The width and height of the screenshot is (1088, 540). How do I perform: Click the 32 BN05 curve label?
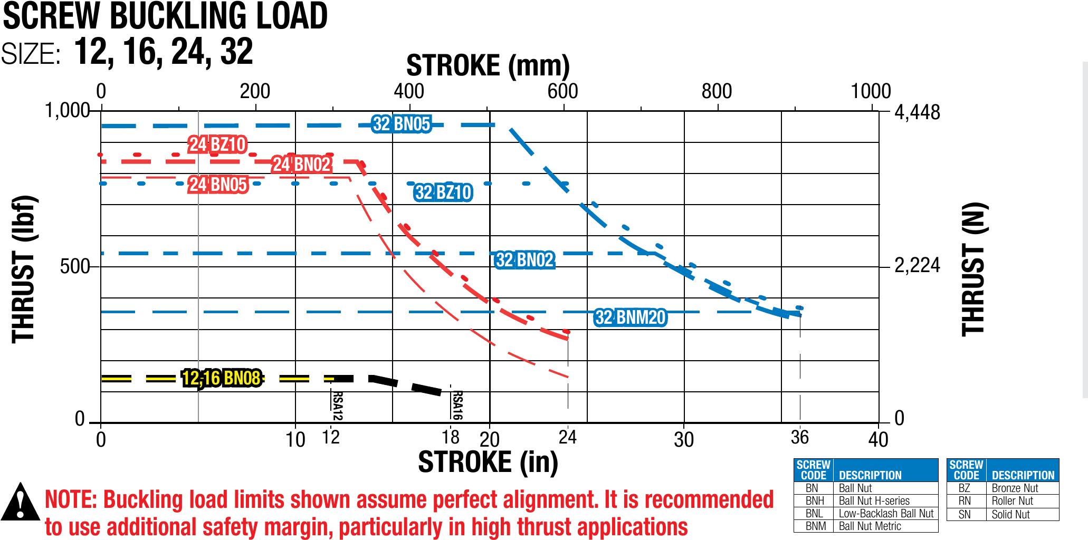tap(402, 124)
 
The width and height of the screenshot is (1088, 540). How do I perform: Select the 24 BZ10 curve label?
tap(217, 144)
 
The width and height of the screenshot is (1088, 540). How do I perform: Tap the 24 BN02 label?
tap(301, 165)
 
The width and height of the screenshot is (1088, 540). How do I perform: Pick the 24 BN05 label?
tap(218, 185)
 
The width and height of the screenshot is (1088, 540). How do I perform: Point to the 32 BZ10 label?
tap(443, 193)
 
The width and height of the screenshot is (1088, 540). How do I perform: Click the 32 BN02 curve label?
tap(525, 260)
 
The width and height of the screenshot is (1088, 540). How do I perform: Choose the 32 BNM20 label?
tap(631, 317)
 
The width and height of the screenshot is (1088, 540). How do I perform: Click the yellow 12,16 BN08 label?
tap(221, 378)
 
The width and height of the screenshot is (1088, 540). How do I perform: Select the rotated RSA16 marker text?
tap(457, 405)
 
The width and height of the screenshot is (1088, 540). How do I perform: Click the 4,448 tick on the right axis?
tap(918, 112)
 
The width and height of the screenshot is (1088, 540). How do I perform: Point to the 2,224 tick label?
tap(917, 266)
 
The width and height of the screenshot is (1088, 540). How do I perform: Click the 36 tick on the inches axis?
tap(800, 437)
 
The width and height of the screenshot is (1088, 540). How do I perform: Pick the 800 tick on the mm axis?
tap(717, 92)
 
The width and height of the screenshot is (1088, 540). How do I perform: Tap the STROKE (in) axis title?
tap(488, 462)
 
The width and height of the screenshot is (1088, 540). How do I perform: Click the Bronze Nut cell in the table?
tap(1015, 488)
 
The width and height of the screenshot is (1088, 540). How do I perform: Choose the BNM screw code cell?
tap(813, 526)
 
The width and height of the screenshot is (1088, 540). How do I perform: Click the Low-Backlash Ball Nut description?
tap(886, 513)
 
